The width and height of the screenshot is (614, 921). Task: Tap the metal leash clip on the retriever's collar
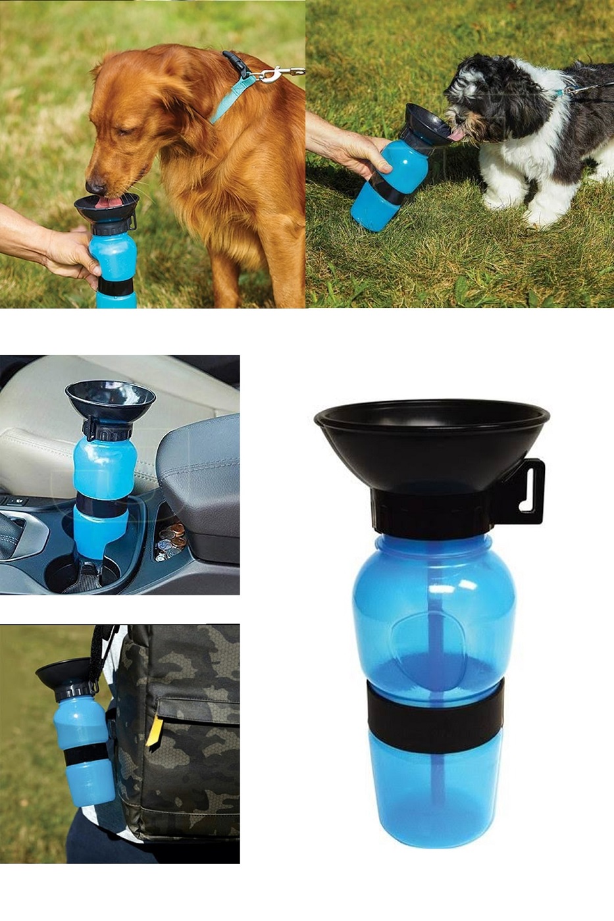(x=270, y=74)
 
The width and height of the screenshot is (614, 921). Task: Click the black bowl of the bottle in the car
(x=111, y=399)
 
